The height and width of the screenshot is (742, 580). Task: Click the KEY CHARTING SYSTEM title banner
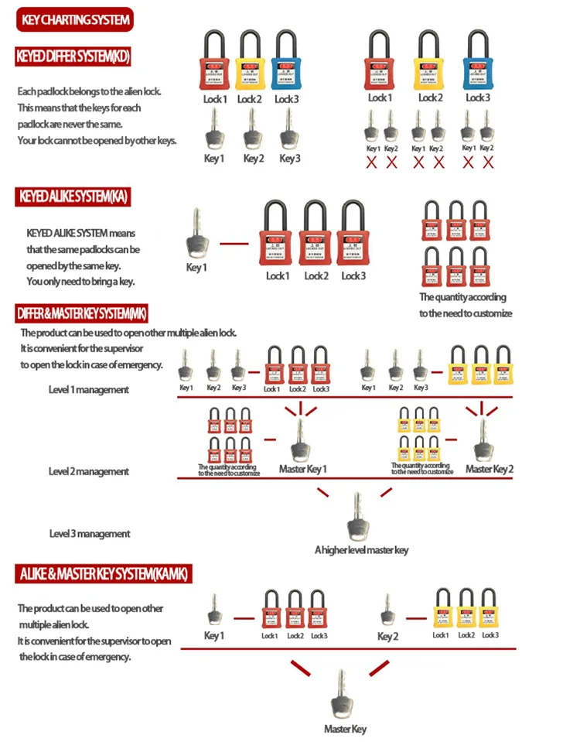(x=75, y=19)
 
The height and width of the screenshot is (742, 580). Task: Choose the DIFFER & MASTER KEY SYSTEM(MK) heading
(x=82, y=313)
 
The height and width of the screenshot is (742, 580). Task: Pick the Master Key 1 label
(x=303, y=469)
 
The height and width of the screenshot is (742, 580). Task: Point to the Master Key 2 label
(x=490, y=469)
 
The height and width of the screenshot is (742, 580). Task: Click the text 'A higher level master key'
(x=361, y=550)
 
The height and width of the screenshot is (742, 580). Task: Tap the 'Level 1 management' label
(x=89, y=390)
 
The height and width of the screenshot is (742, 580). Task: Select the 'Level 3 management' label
(x=90, y=534)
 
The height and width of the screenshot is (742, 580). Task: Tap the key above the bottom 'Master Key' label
(x=341, y=695)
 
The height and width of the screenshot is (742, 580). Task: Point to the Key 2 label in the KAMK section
(x=387, y=637)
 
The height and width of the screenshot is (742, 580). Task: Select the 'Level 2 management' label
(x=89, y=471)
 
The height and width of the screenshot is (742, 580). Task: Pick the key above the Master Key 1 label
(x=299, y=439)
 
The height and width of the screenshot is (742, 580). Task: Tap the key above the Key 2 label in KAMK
(x=387, y=611)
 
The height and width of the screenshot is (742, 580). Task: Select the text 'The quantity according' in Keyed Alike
(x=462, y=297)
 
